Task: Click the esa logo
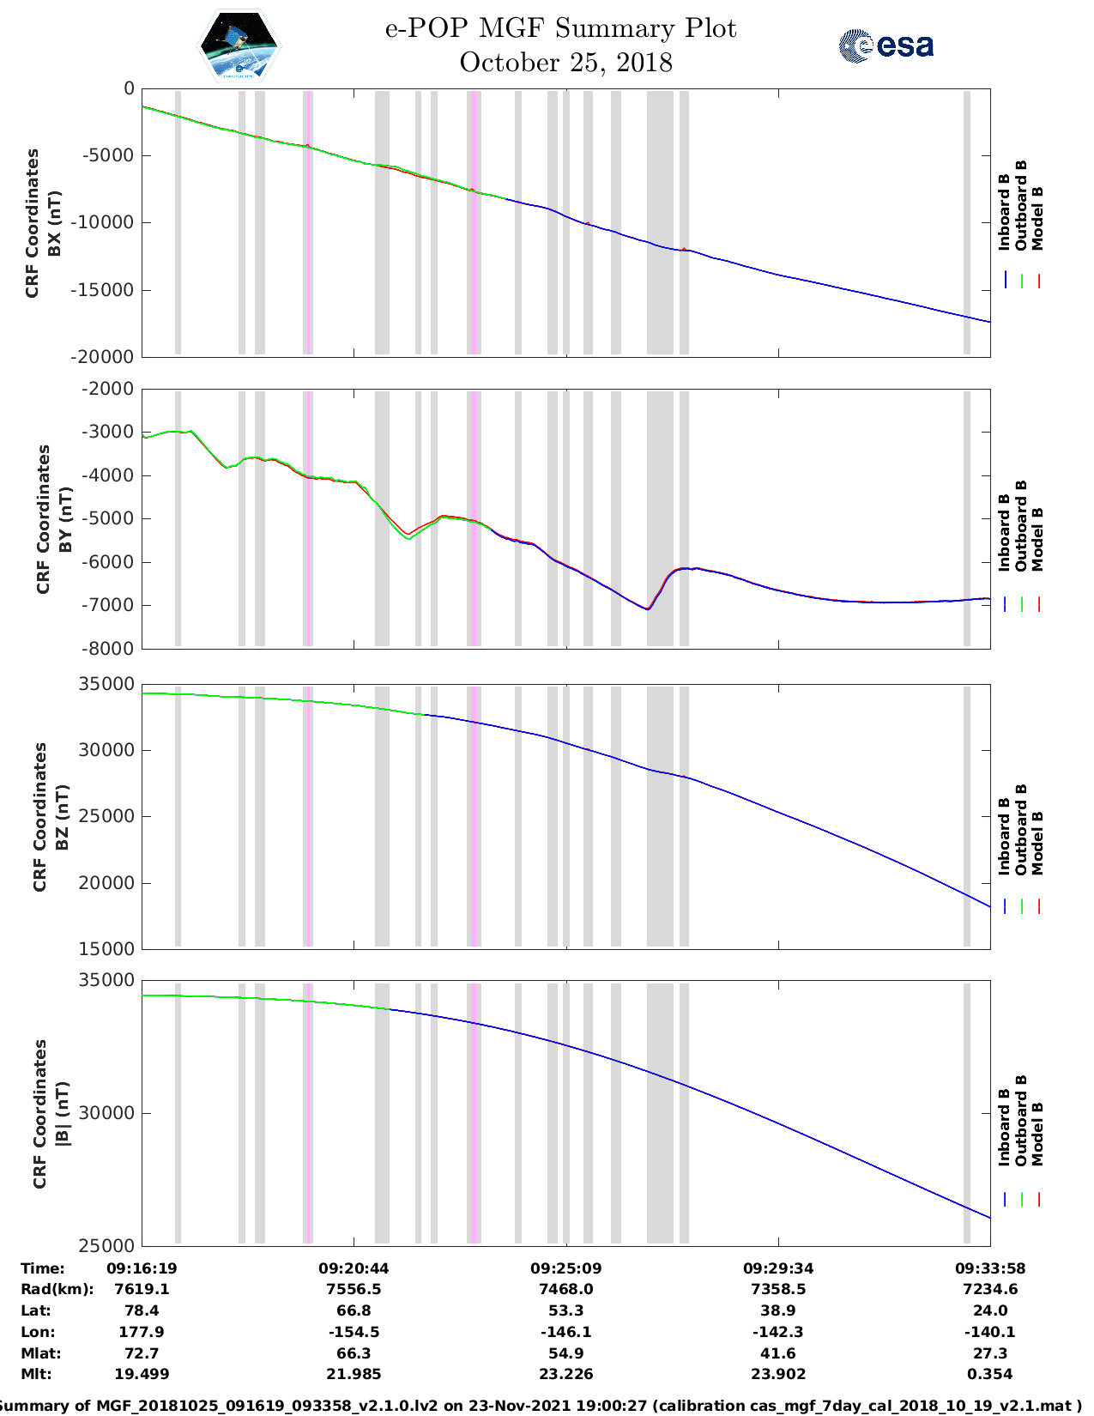885,45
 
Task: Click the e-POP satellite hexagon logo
239,45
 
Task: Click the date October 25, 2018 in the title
565,63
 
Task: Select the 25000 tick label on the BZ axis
106,816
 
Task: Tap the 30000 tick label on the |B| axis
106,1113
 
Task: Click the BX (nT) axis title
54,223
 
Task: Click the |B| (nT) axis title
62,1114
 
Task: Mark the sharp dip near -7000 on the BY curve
648,608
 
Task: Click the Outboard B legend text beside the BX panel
1020,205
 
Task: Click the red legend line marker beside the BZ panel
1038,906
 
